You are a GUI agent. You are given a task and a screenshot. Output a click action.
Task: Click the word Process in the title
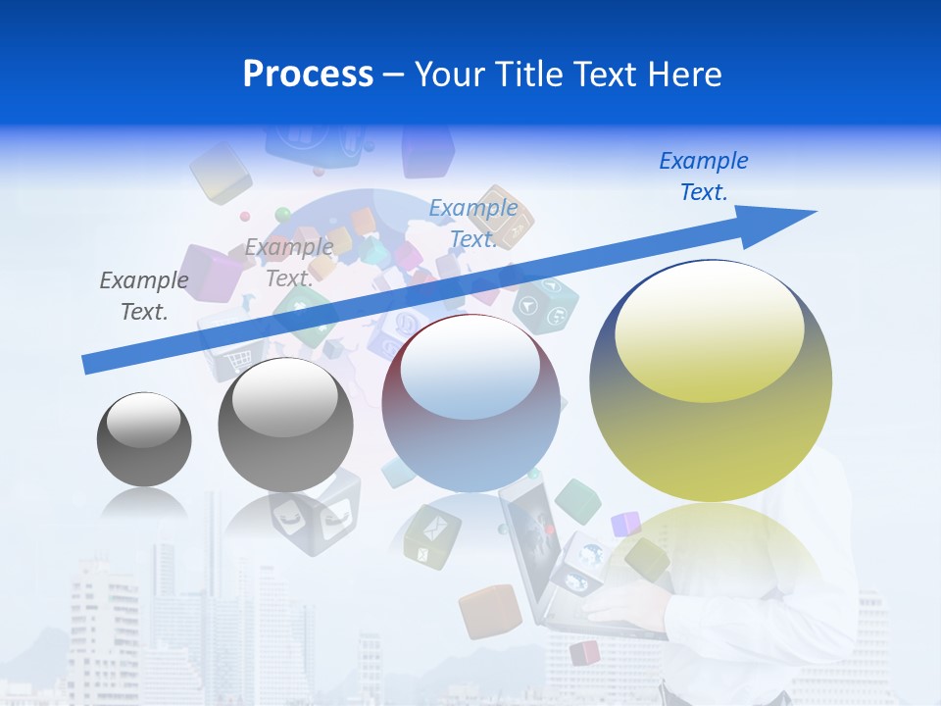pyautogui.click(x=308, y=75)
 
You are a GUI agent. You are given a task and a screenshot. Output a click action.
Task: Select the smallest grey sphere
pyautogui.click(x=144, y=439)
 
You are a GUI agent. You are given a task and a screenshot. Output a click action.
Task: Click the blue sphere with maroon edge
pyautogui.click(x=470, y=404)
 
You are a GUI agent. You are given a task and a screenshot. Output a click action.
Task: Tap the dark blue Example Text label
pyautogui.click(x=703, y=176)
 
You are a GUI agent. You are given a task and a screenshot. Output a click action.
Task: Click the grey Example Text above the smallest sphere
pyautogui.click(x=144, y=296)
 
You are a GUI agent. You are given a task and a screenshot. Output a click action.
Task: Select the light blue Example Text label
pyautogui.click(x=473, y=224)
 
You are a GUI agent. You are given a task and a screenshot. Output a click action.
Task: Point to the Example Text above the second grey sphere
pyautogui.click(x=289, y=263)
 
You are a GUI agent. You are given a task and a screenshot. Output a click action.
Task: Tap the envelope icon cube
pyautogui.click(x=432, y=534)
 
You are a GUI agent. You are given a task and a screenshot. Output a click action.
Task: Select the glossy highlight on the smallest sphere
pyautogui.click(x=144, y=420)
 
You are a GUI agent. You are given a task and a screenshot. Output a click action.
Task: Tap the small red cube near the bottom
pyautogui.click(x=585, y=652)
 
